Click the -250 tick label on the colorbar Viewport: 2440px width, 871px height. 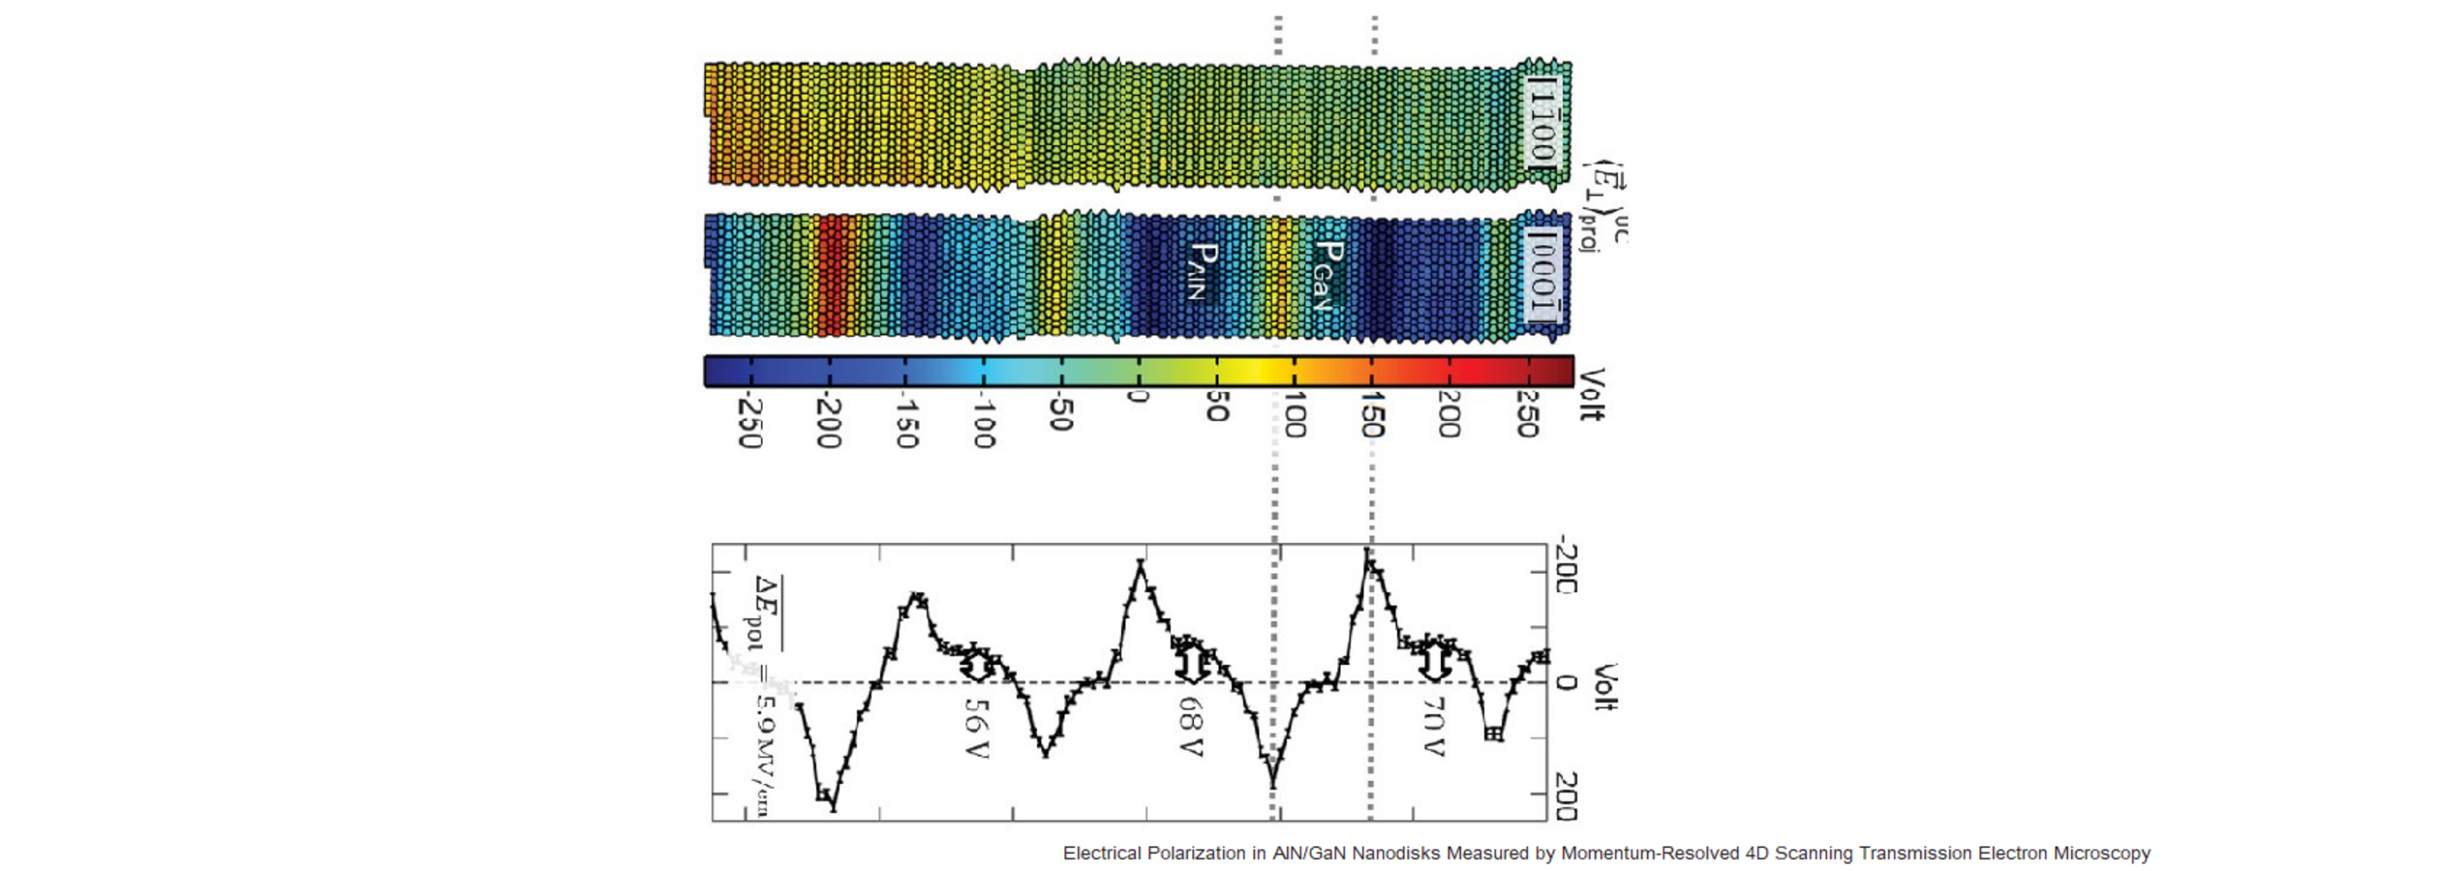click(x=748, y=423)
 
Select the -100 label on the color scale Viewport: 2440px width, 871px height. click(x=983, y=421)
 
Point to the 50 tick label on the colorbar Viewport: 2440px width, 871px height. click(x=1217, y=407)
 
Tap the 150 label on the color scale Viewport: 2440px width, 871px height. click(x=1371, y=415)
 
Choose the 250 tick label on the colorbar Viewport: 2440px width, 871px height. click(x=1527, y=415)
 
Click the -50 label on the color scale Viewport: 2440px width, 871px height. click(x=1061, y=413)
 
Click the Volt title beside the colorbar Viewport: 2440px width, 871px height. click(x=1592, y=395)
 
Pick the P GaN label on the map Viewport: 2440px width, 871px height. click(x=1326, y=275)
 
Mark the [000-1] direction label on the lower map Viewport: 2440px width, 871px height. click(x=1541, y=276)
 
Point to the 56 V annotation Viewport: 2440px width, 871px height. click(x=976, y=728)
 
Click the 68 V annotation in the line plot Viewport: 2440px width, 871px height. click(x=1191, y=728)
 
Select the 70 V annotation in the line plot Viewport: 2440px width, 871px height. click(x=1433, y=728)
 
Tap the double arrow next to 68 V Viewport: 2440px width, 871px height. click(x=1191, y=664)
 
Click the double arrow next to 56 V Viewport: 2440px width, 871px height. click(x=977, y=667)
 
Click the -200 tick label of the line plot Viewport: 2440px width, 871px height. click(x=1566, y=569)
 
